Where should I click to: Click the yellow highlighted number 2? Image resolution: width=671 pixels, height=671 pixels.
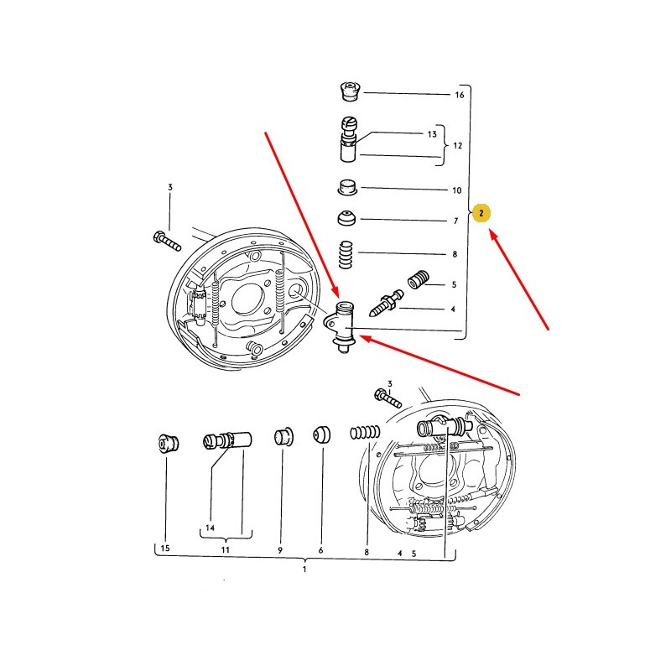point(481,213)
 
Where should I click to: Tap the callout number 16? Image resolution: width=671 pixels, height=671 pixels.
point(459,95)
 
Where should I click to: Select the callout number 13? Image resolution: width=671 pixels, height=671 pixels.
point(432,134)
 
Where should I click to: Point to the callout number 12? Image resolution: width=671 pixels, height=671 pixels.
point(457,145)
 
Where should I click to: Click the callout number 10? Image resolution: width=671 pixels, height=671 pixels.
point(456,190)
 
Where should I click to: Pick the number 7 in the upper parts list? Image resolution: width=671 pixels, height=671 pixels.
point(455,221)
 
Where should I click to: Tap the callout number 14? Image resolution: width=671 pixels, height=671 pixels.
point(210,528)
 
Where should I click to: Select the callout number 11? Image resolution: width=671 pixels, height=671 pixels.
point(225,549)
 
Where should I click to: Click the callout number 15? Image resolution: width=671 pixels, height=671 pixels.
point(164,548)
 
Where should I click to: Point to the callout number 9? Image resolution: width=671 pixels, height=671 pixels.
point(280,550)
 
